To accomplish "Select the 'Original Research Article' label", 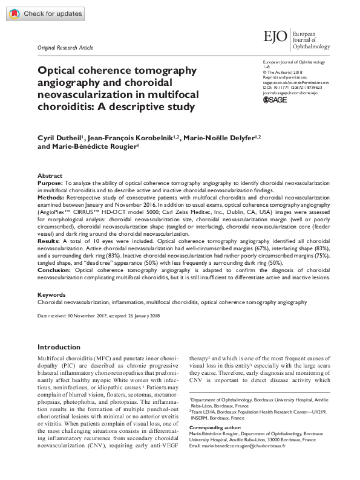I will tap(65, 47).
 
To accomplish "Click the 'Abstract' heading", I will tap(50, 175).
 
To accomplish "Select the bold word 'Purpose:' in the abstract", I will tap(50, 182).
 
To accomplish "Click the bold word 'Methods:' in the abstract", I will tap(51, 196).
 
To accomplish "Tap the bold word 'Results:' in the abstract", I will tap(50, 240).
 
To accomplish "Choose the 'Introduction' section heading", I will tap(63, 347).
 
